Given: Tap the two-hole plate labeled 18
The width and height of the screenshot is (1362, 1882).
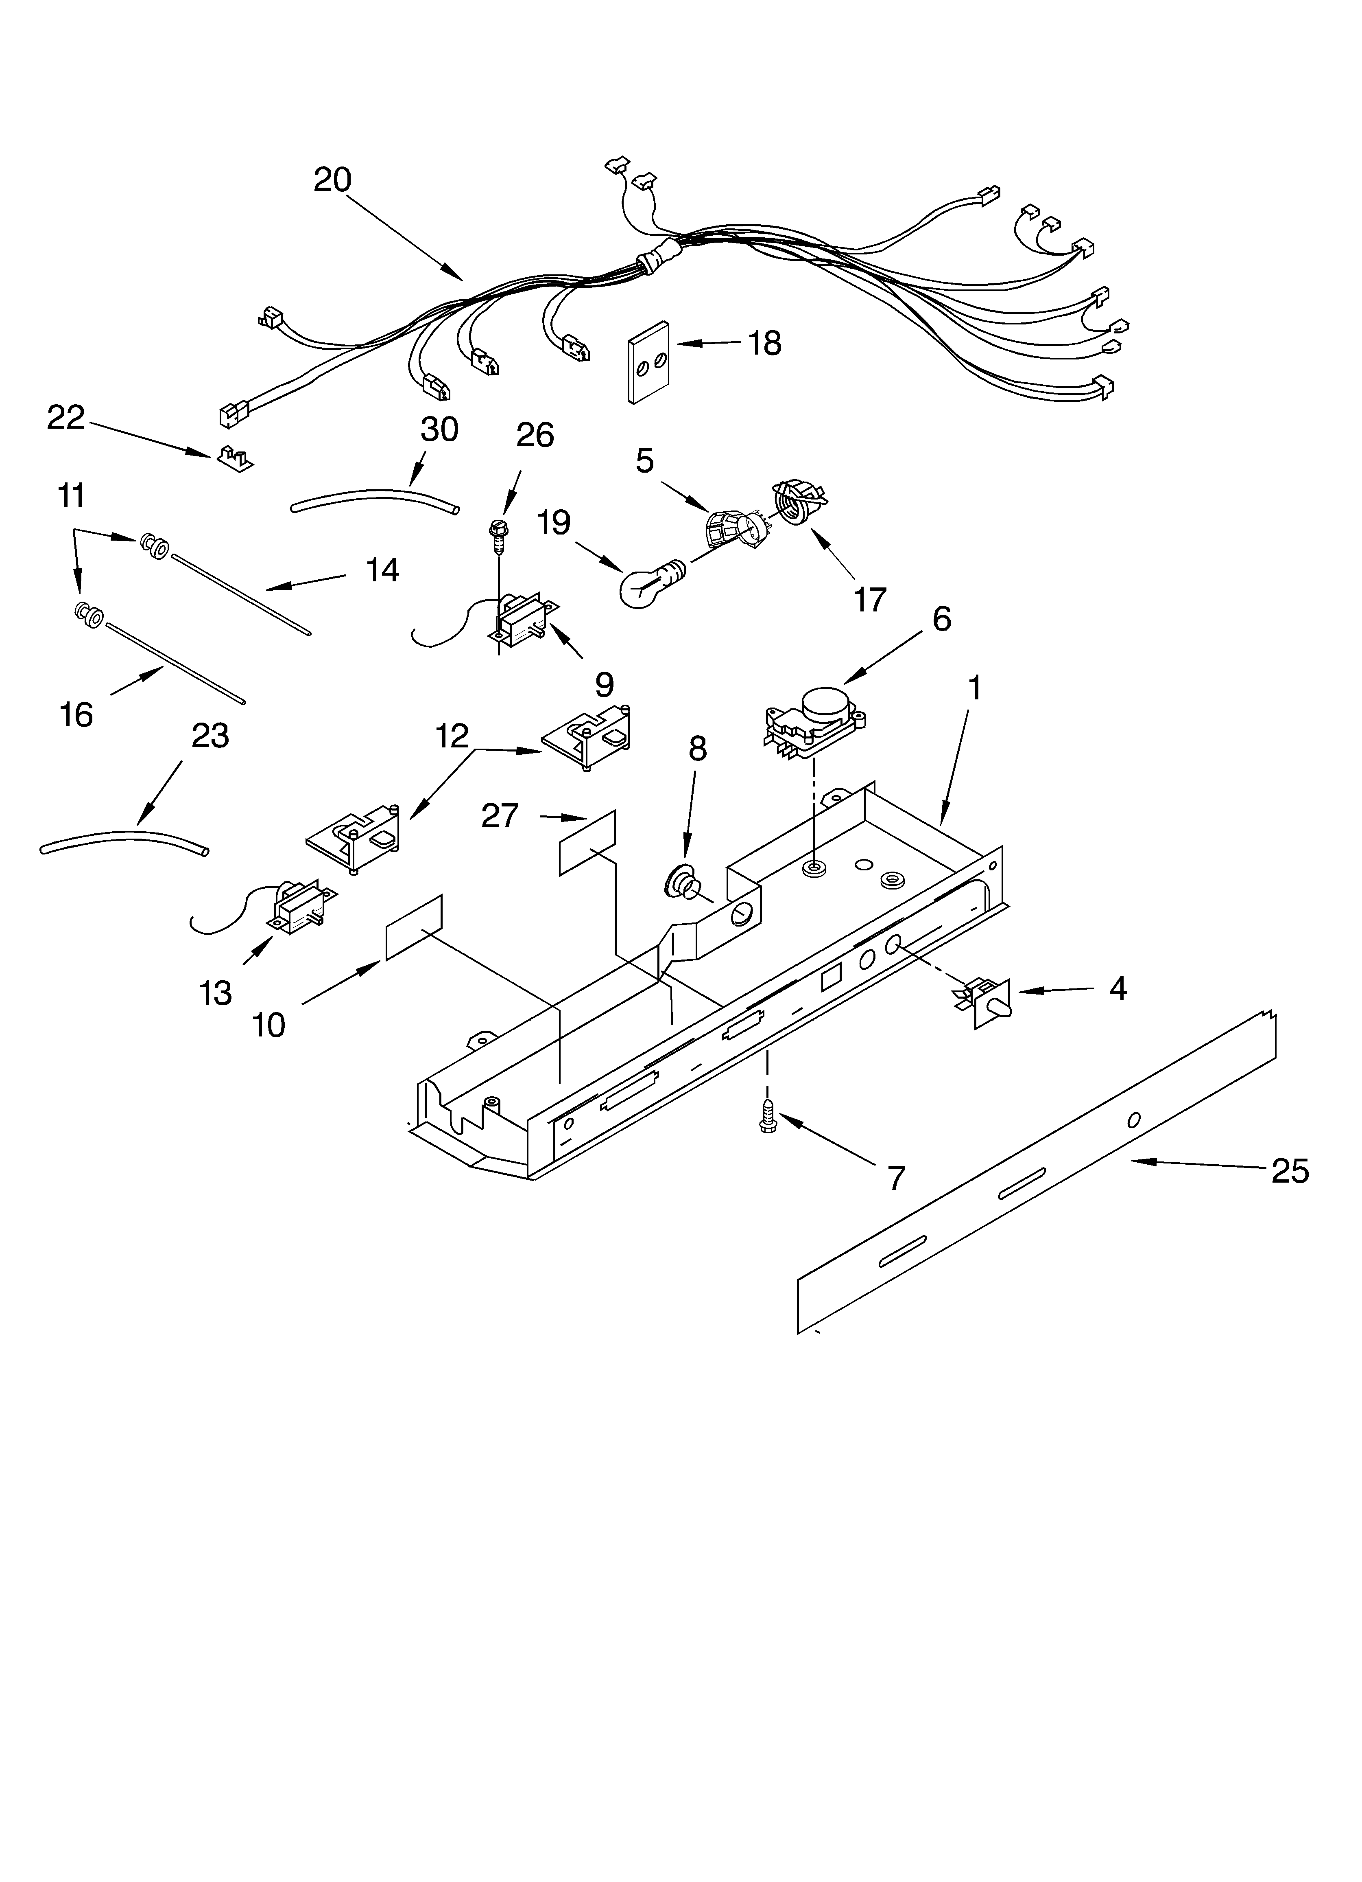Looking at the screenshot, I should point(650,363).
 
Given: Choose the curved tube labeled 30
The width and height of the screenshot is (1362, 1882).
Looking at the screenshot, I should point(375,500).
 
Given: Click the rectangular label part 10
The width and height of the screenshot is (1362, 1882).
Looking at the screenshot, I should point(414,927).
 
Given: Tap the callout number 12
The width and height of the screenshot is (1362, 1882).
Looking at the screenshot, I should point(452,736).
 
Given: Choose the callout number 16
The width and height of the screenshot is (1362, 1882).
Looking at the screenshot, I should point(76,714).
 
